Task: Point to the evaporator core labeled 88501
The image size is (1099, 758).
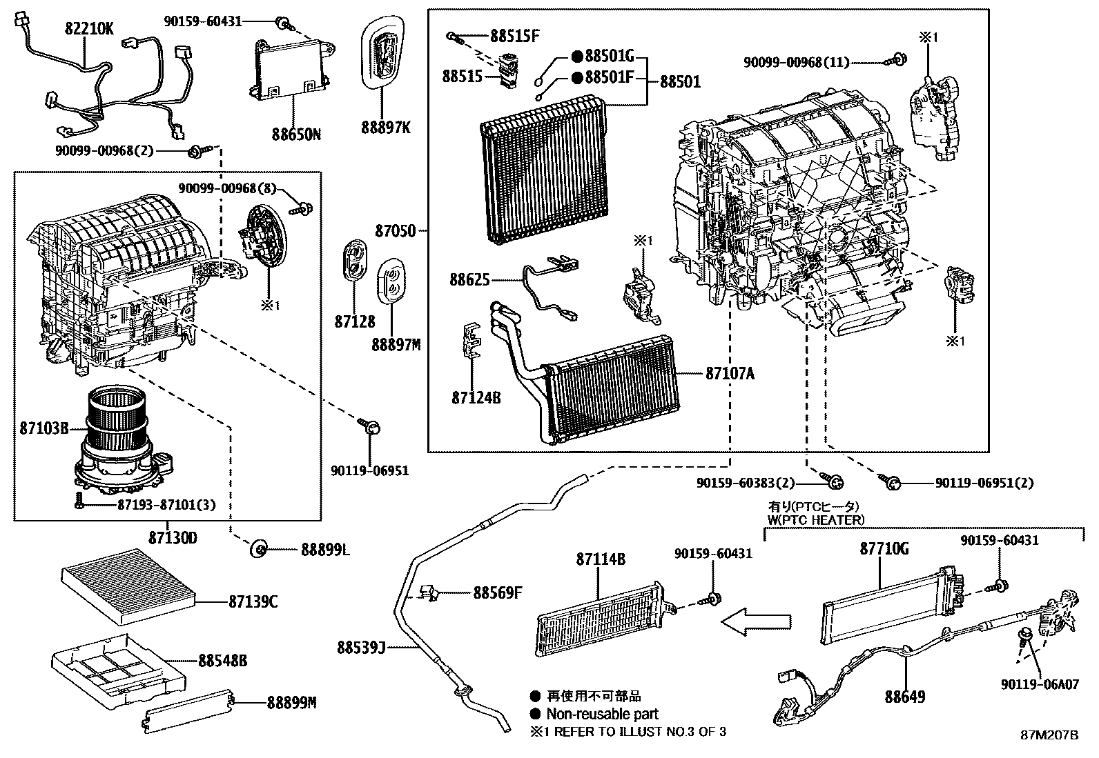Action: pyautogui.click(x=543, y=170)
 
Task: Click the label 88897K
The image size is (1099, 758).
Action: pyautogui.click(x=385, y=128)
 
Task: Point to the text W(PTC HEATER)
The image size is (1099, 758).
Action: pyautogui.click(x=815, y=519)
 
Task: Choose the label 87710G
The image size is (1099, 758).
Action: pyautogui.click(x=884, y=549)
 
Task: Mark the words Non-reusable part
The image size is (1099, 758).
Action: pyautogui.click(x=602, y=714)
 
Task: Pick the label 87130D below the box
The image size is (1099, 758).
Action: pyautogui.click(x=173, y=537)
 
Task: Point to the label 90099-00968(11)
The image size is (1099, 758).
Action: pyautogui.click(x=795, y=62)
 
